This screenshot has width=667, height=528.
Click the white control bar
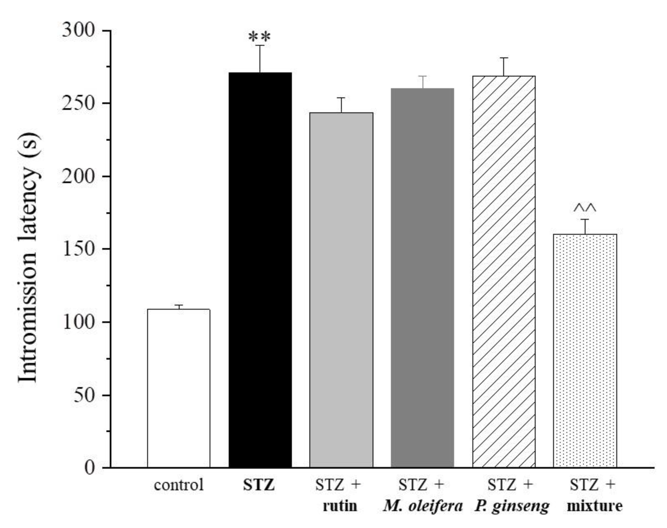[x=179, y=388]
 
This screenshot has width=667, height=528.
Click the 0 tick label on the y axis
[x=89, y=468]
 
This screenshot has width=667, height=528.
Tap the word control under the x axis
[x=179, y=485]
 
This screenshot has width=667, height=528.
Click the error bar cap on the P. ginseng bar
[x=504, y=58]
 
